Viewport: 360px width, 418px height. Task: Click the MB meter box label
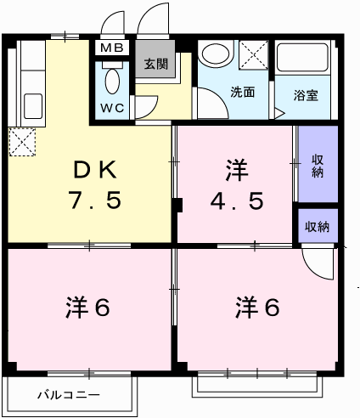click(x=112, y=48)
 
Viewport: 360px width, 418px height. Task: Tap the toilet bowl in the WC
click(x=112, y=81)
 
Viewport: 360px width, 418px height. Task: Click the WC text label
click(x=112, y=108)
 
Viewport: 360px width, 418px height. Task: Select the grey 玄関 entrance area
click(x=155, y=59)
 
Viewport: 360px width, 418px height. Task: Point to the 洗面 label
click(x=243, y=93)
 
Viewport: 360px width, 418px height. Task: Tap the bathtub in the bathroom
click(x=302, y=58)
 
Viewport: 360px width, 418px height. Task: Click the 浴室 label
click(x=306, y=95)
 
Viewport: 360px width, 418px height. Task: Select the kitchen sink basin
click(x=33, y=106)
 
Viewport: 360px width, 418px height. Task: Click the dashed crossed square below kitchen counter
click(x=22, y=142)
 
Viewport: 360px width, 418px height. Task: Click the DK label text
click(x=95, y=170)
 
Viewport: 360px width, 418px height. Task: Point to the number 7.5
click(x=96, y=201)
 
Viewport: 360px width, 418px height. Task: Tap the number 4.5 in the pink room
click(x=237, y=201)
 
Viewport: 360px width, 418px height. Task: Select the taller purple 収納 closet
click(x=318, y=164)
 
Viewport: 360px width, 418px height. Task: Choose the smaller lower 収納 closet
click(x=318, y=226)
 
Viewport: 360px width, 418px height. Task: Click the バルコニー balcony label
click(x=69, y=395)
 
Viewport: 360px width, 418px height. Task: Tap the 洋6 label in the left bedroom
click(x=87, y=308)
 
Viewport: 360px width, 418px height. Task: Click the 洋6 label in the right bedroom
click(x=257, y=308)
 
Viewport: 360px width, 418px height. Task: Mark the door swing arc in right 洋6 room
click(x=312, y=270)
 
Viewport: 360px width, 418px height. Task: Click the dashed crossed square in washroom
click(x=254, y=54)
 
